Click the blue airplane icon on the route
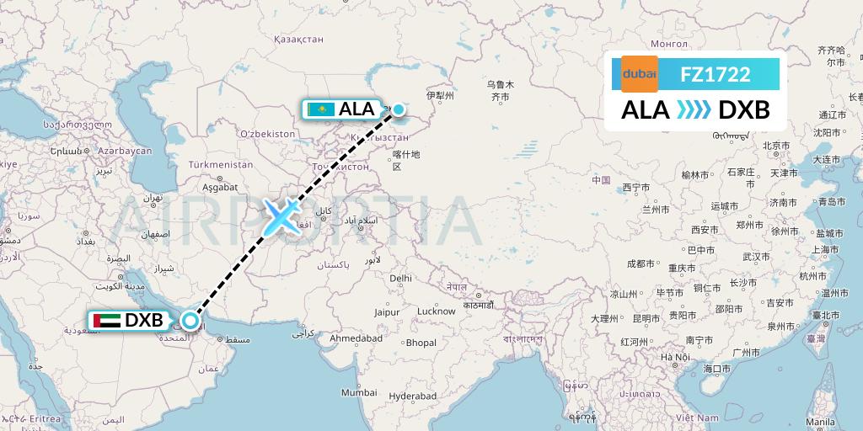click(280, 217)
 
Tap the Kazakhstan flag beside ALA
click(321, 109)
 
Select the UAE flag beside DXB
click(106, 321)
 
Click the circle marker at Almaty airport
click(398, 109)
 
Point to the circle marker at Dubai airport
click(191, 320)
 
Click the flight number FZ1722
click(716, 74)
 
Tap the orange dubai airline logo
click(639, 74)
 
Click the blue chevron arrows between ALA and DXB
click(694, 110)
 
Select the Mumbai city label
click(359, 392)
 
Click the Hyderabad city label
click(413, 396)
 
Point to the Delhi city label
click(400, 278)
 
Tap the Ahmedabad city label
click(356, 338)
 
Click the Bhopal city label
click(421, 343)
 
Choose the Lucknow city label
click(437, 311)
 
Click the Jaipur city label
click(387, 311)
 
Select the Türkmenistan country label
click(221, 164)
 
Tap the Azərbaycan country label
click(124, 151)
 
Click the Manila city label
click(820, 421)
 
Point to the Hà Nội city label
click(675, 358)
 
